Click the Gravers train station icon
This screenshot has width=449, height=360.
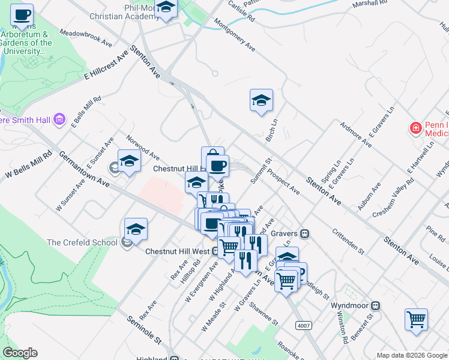click(304, 233)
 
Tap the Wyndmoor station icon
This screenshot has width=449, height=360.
click(376, 305)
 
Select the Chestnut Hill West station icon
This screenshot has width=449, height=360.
click(215, 251)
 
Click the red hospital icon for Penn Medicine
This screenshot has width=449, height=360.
click(415, 128)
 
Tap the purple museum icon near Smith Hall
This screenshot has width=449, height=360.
click(59, 119)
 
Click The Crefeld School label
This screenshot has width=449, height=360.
click(83, 242)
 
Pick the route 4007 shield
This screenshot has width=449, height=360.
click(304, 325)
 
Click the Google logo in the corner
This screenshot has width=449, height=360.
click(20, 353)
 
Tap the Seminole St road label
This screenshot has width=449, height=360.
click(145, 330)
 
